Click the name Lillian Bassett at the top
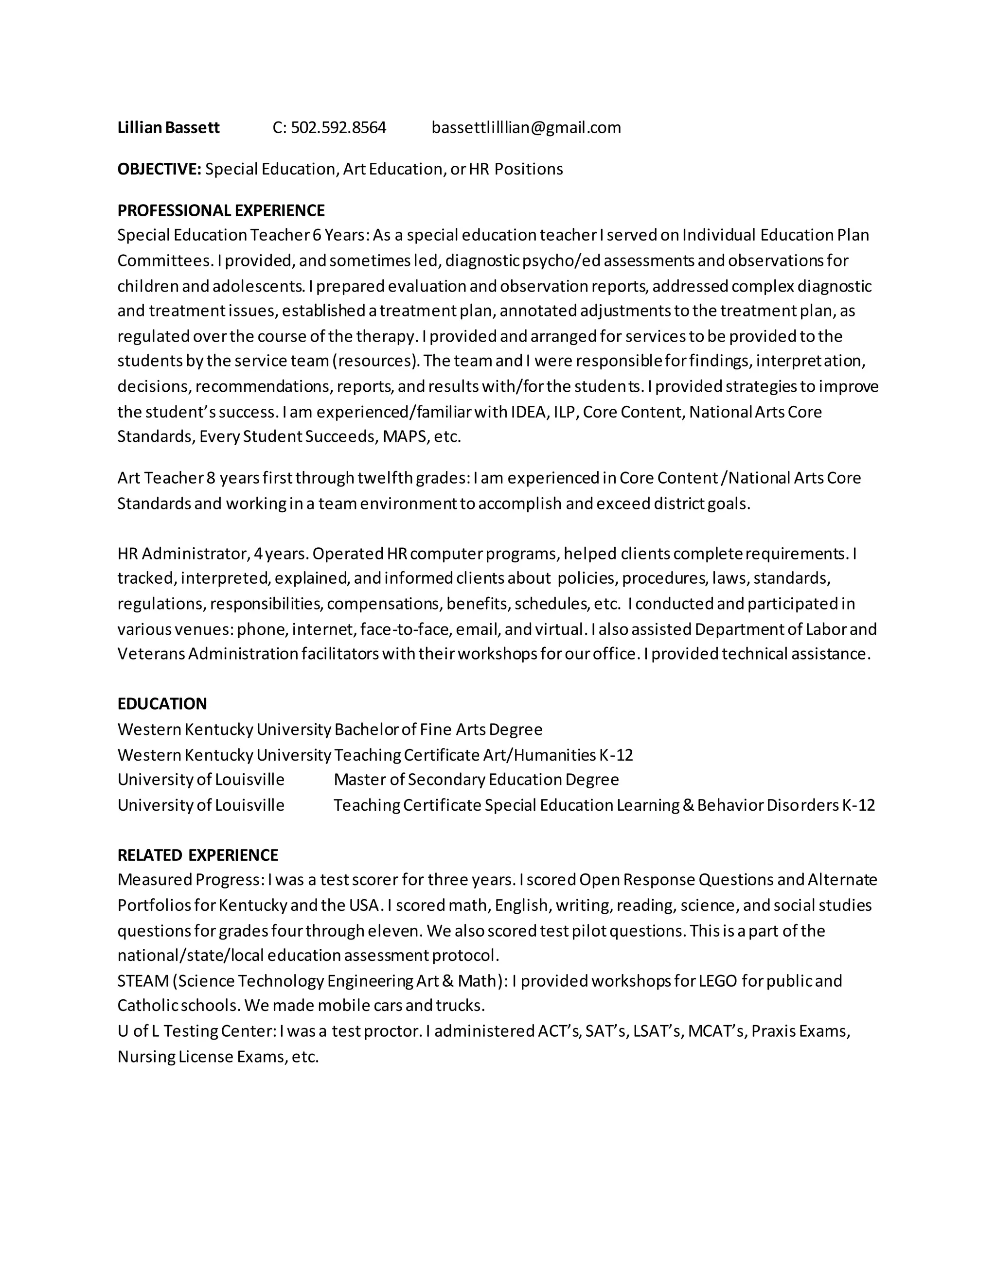(x=168, y=127)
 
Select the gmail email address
(x=526, y=127)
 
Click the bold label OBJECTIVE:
(x=160, y=169)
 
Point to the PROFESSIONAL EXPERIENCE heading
(x=221, y=210)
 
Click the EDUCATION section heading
(x=161, y=704)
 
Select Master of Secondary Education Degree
(x=476, y=780)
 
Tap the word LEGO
(x=717, y=981)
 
